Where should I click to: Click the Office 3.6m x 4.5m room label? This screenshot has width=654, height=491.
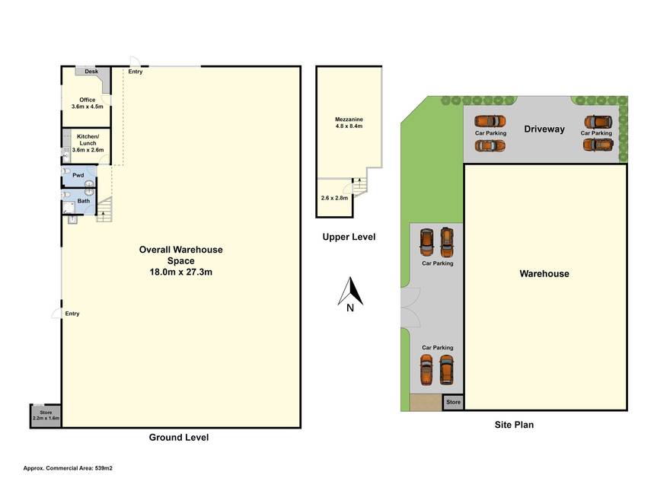pos(87,103)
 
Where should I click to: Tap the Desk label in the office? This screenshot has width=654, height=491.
pos(91,72)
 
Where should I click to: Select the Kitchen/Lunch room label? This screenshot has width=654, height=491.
pos(88,143)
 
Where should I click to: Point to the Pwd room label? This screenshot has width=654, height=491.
pos(78,175)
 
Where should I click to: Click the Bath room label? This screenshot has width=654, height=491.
pos(84,201)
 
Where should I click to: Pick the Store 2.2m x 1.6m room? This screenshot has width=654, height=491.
pos(46,416)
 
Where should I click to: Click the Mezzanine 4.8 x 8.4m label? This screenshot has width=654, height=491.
pos(349,123)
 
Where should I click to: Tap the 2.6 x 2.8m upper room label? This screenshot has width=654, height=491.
pos(334,198)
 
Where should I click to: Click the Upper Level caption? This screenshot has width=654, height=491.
pos(349,237)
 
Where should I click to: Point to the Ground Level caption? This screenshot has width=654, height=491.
pos(179,437)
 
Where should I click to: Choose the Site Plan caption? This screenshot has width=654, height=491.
pos(514,425)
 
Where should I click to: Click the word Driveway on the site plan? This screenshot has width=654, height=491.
pos(544,129)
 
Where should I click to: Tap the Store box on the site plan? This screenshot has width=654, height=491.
pos(453,402)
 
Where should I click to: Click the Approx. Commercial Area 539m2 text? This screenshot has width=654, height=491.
pos(68,468)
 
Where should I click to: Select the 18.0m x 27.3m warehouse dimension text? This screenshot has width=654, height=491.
pos(181,272)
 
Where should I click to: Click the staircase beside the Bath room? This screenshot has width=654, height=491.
pos(104,209)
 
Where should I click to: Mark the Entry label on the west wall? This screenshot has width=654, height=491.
pos(72,314)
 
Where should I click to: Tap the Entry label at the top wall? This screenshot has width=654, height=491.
pos(135,72)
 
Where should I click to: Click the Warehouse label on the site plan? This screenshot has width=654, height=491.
pos(544,273)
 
